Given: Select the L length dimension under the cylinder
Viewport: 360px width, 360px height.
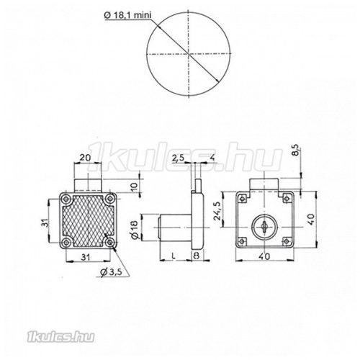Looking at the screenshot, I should pyautogui.click(x=175, y=256).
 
